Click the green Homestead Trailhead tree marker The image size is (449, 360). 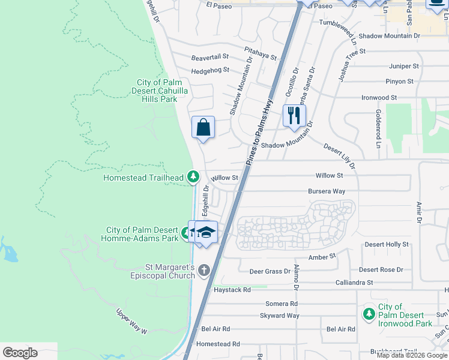[x=193, y=176]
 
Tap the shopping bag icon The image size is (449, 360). [x=203, y=127]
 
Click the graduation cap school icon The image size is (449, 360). [x=206, y=232]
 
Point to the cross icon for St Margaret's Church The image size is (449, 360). [x=204, y=271]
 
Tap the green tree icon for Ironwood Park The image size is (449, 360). [x=368, y=314]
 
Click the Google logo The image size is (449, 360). [x=20, y=352]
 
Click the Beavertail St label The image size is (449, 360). [x=210, y=56]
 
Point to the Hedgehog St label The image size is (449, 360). [x=210, y=70]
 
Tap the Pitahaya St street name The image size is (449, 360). [x=260, y=53]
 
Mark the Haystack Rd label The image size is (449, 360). [x=232, y=290]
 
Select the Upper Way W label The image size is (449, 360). [x=131, y=321]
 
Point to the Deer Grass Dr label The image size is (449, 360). [x=270, y=271]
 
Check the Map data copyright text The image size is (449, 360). [x=412, y=355]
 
